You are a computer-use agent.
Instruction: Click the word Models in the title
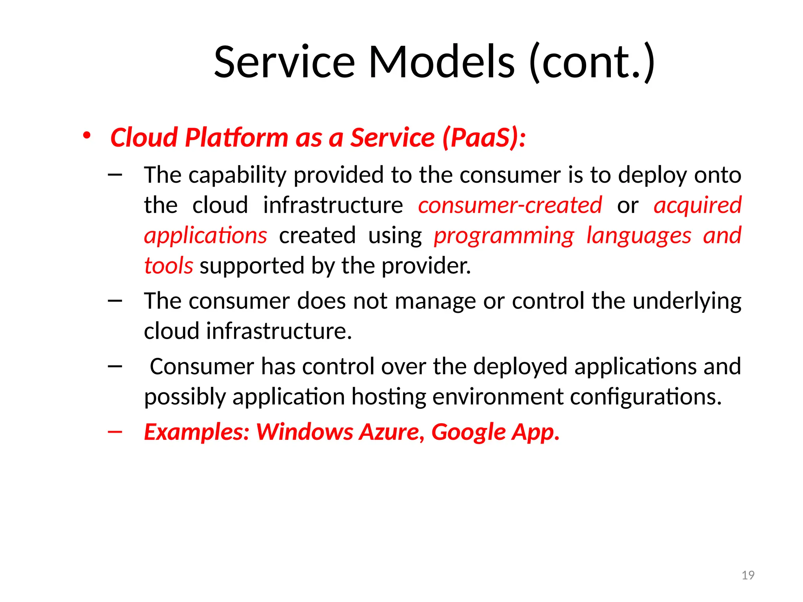pyautogui.click(x=441, y=62)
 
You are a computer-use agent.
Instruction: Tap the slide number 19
pyautogui.click(x=748, y=575)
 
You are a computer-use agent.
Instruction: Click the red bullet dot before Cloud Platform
pyautogui.click(x=87, y=136)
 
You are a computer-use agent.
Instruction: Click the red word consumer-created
pyautogui.click(x=510, y=205)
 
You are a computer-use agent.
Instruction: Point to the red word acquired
pyautogui.click(x=698, y=205)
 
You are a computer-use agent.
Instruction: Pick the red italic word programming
pyautogui.click(x=504, y=236)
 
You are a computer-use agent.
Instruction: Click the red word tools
pyautogui.click(x=169, y=265)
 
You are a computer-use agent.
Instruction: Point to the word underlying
pyautogui.click(x=687, y=301)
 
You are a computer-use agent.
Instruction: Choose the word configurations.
pyautogui.click(x=645, y=397)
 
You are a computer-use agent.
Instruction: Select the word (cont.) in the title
pyautogui.click(x=591, y=62)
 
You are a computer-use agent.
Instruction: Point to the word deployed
pyautogui.click(x=520, y=366)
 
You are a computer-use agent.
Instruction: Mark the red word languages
pyautogui.click(x=639, y=236)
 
